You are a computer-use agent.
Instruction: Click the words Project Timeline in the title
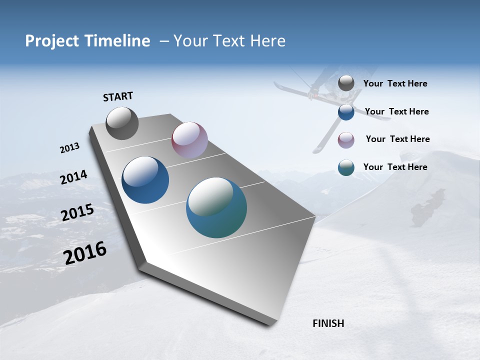tap(87, 41)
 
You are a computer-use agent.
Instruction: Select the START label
tap(118, 96)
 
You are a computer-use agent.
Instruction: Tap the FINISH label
tap(328, 323)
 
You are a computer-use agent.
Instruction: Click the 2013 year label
tap(69, 148)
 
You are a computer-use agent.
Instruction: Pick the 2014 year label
tap(73, 177)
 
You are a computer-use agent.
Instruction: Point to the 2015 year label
tap(77, 213)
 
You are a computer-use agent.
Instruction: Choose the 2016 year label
tap(84, 253)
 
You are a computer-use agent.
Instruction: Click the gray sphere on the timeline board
tap(122, 123)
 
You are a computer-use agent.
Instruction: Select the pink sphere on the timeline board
tap(189, 140)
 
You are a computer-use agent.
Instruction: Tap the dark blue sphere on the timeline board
tap(145, 180)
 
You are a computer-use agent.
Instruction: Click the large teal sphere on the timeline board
tap(216, 207)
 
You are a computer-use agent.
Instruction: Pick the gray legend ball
tap(346, 83)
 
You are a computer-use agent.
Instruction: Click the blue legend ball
tap(346, 112)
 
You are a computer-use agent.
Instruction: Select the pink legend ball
tap(346, 140)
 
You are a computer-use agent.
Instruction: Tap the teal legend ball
tap(346, 167)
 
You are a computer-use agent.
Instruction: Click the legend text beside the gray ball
tap(395, 84)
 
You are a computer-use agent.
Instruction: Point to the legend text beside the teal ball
tap(395, 167)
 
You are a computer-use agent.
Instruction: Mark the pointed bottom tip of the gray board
tap(270, 325)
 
